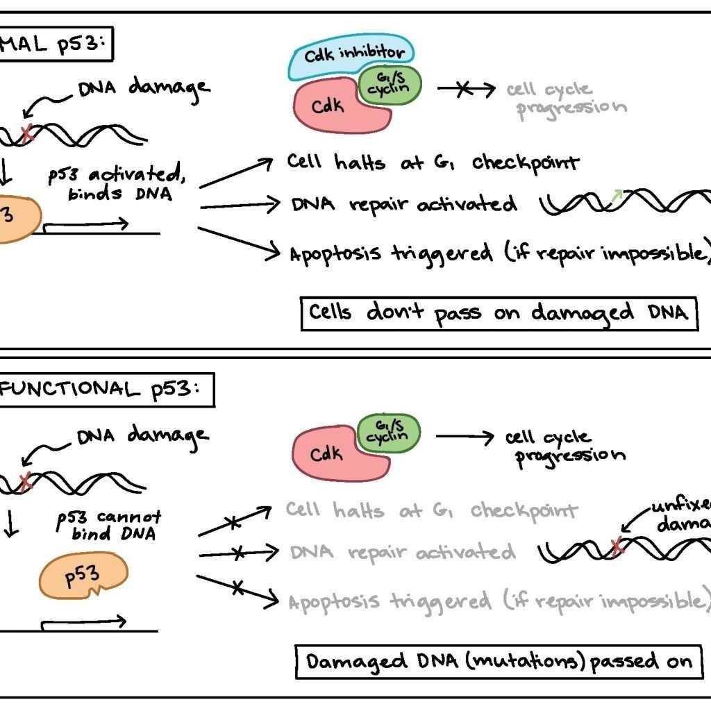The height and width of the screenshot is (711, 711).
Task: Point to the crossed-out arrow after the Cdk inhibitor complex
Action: pos(466,90)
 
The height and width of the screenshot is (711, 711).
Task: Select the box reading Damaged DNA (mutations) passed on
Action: pos(499,661)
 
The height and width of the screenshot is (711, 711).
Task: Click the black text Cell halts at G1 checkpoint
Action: pos(432,164)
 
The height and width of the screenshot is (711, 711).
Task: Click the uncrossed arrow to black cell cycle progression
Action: pos(465,437)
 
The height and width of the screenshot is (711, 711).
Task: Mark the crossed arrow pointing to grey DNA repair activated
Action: pos(238,553)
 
